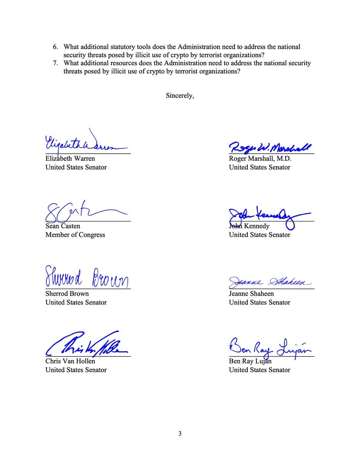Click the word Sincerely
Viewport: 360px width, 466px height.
tap(179, 96)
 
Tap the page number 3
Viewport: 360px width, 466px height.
tap(180, 434)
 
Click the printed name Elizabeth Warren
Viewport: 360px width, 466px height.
tap(70, 158)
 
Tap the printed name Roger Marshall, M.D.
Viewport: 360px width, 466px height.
tap(260, 158)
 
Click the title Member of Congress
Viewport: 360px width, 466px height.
tap(75, 235)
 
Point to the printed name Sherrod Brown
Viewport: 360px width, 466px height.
tap(67, 294)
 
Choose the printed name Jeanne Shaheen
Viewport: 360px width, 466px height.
tap(251, 294)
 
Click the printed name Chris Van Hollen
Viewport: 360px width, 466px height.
tap(70, 361)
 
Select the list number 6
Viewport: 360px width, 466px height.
tap(56, 47)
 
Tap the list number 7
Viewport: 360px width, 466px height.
tap(56, 63)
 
